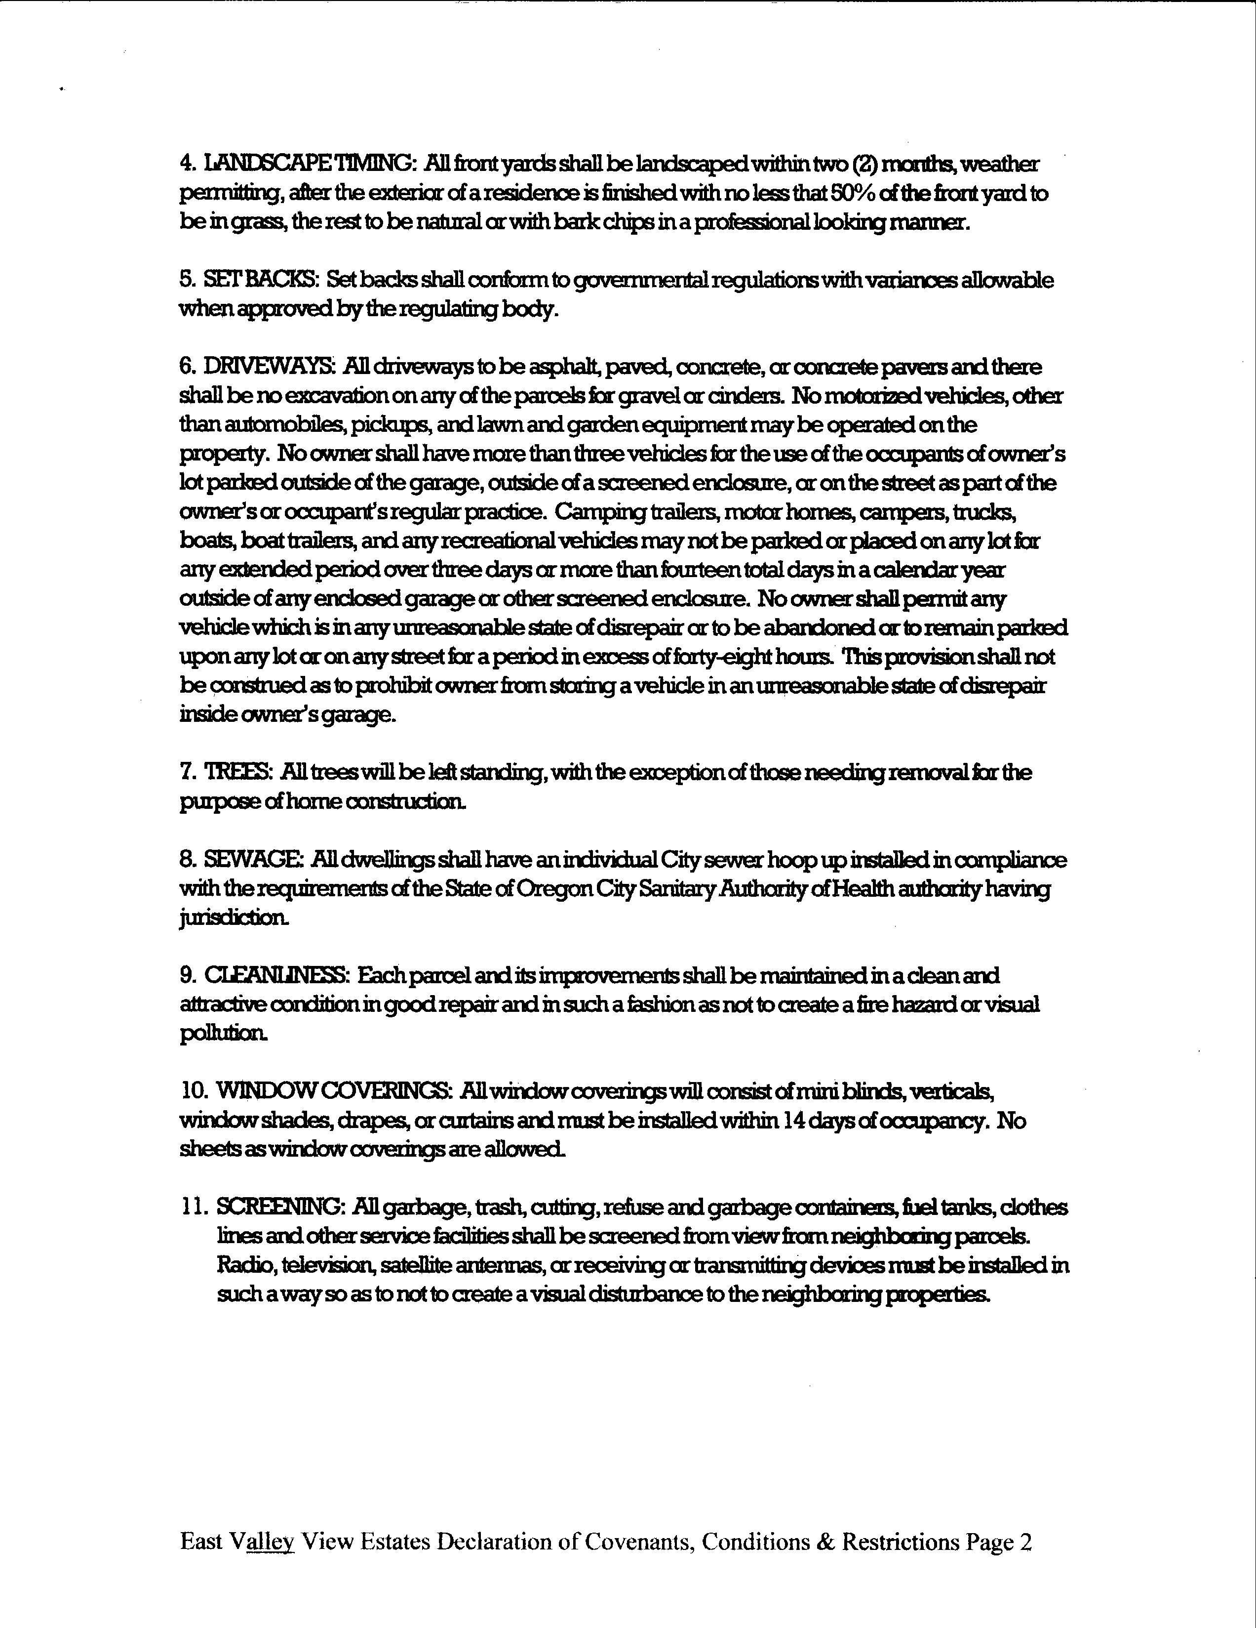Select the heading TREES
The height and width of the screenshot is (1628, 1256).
coord(238,772)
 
